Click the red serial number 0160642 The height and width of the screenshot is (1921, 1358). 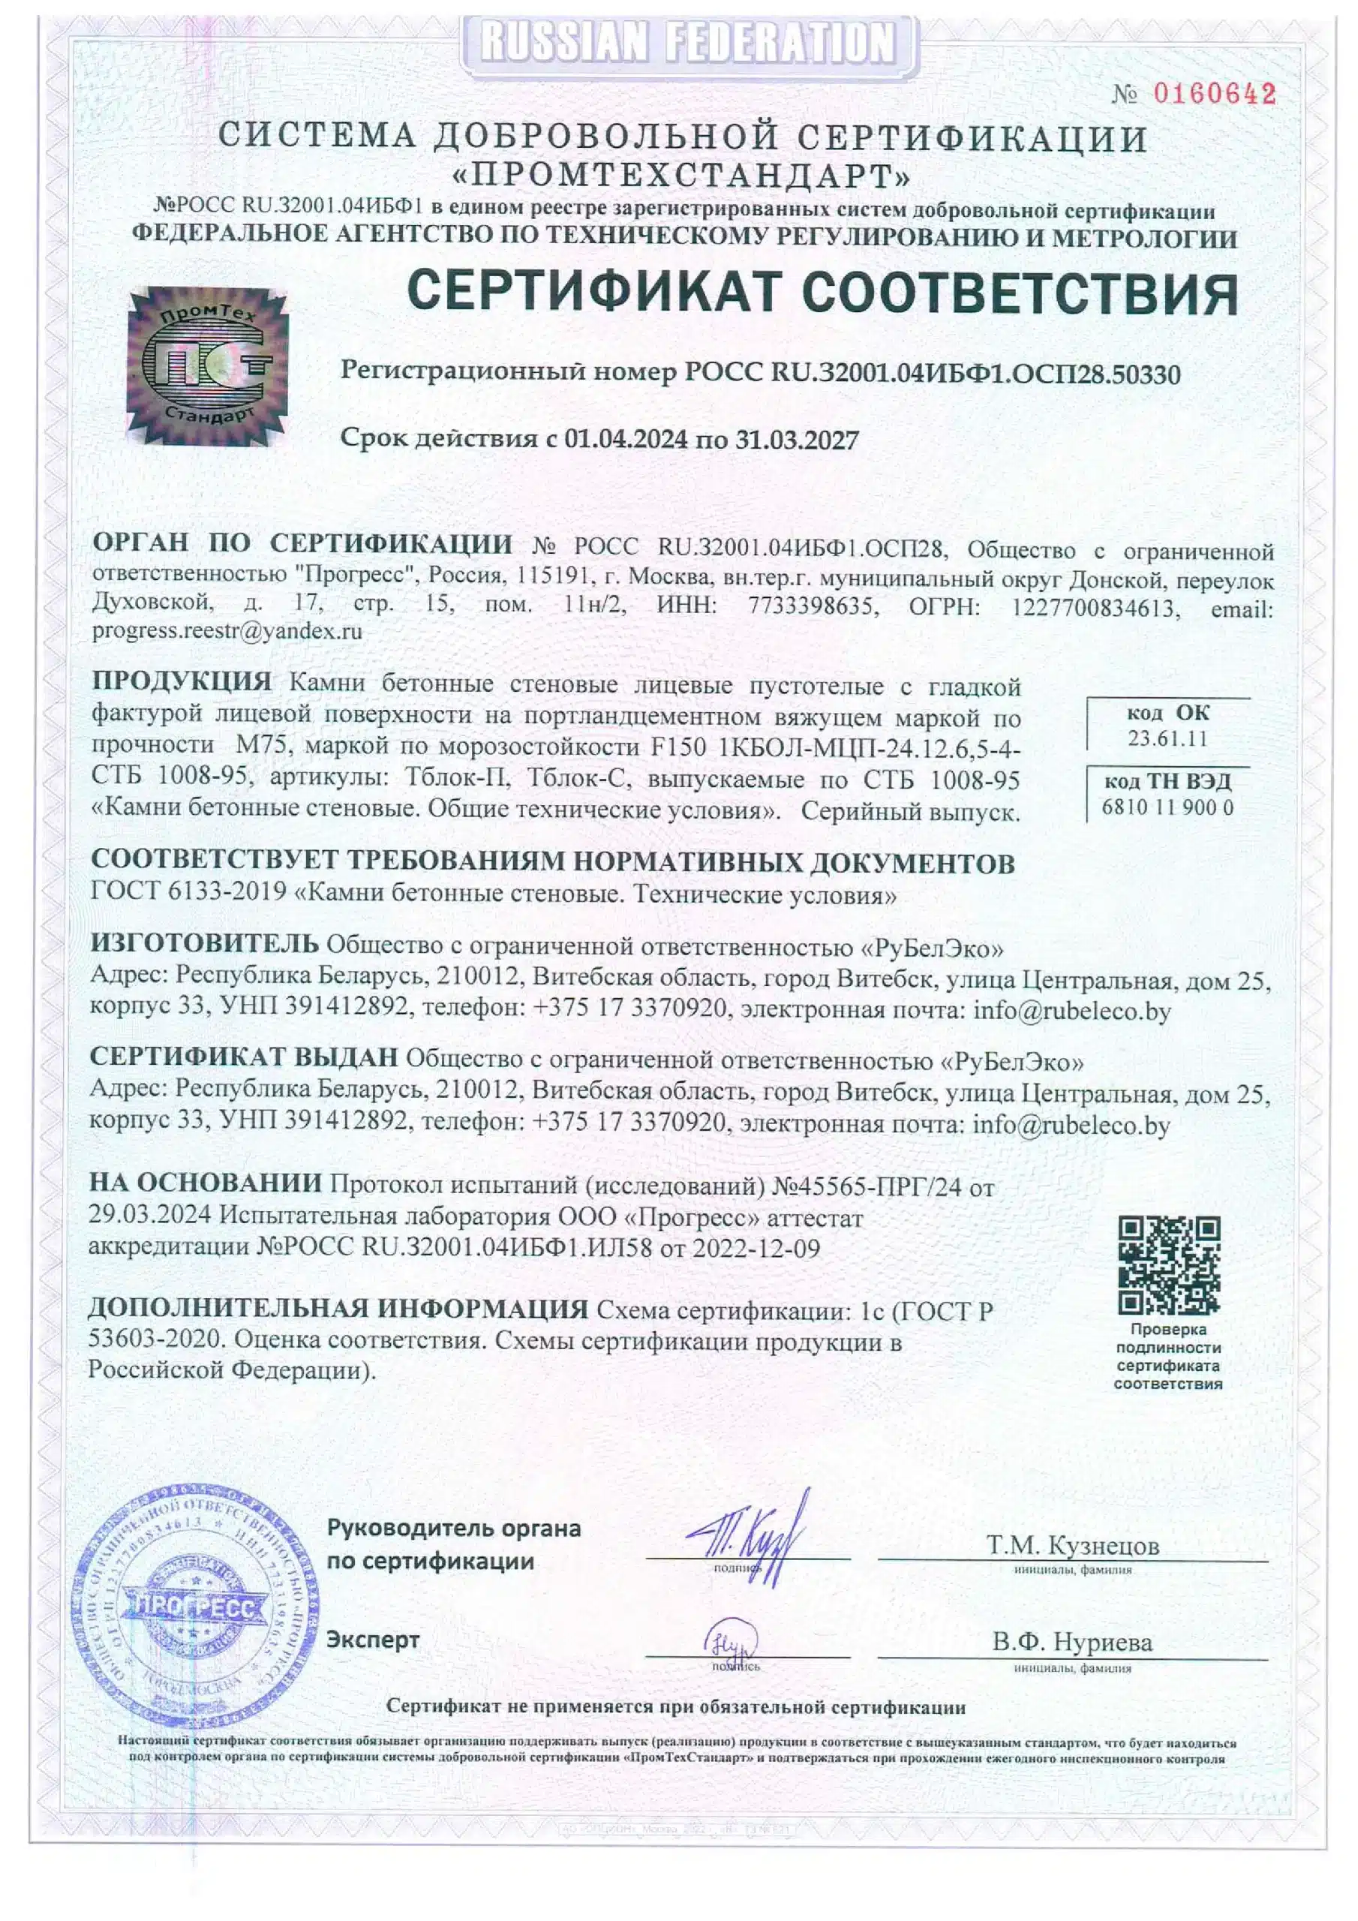(1215, 94)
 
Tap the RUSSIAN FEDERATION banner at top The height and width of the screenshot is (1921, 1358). (689, 42)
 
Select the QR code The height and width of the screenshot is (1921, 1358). (1169, 1265)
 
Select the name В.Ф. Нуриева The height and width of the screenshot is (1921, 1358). (1073, 1642)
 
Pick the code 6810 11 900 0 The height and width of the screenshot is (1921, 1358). (1167, 807)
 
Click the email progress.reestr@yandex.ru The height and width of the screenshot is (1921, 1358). (227, 631)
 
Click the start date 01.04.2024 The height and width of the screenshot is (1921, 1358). (626, 440)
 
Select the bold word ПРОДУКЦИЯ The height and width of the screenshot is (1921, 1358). (182, 682)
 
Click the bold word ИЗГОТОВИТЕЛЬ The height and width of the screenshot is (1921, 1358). (204, 945)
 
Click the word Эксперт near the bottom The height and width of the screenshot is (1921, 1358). (372, 1639)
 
